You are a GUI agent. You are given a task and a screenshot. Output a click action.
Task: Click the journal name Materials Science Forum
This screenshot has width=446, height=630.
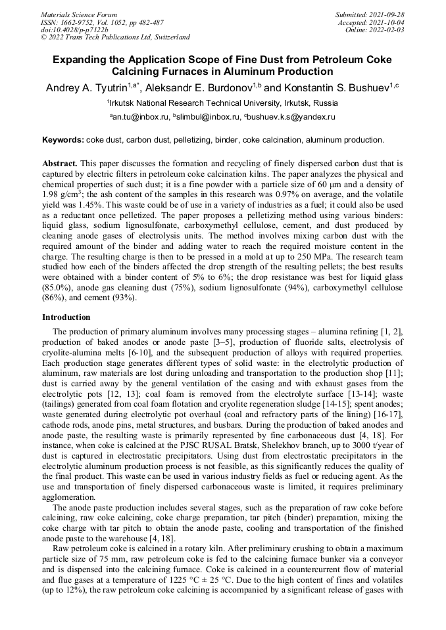pos(78,14)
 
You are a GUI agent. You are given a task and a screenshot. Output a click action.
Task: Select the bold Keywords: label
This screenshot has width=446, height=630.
pos(62,140)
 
